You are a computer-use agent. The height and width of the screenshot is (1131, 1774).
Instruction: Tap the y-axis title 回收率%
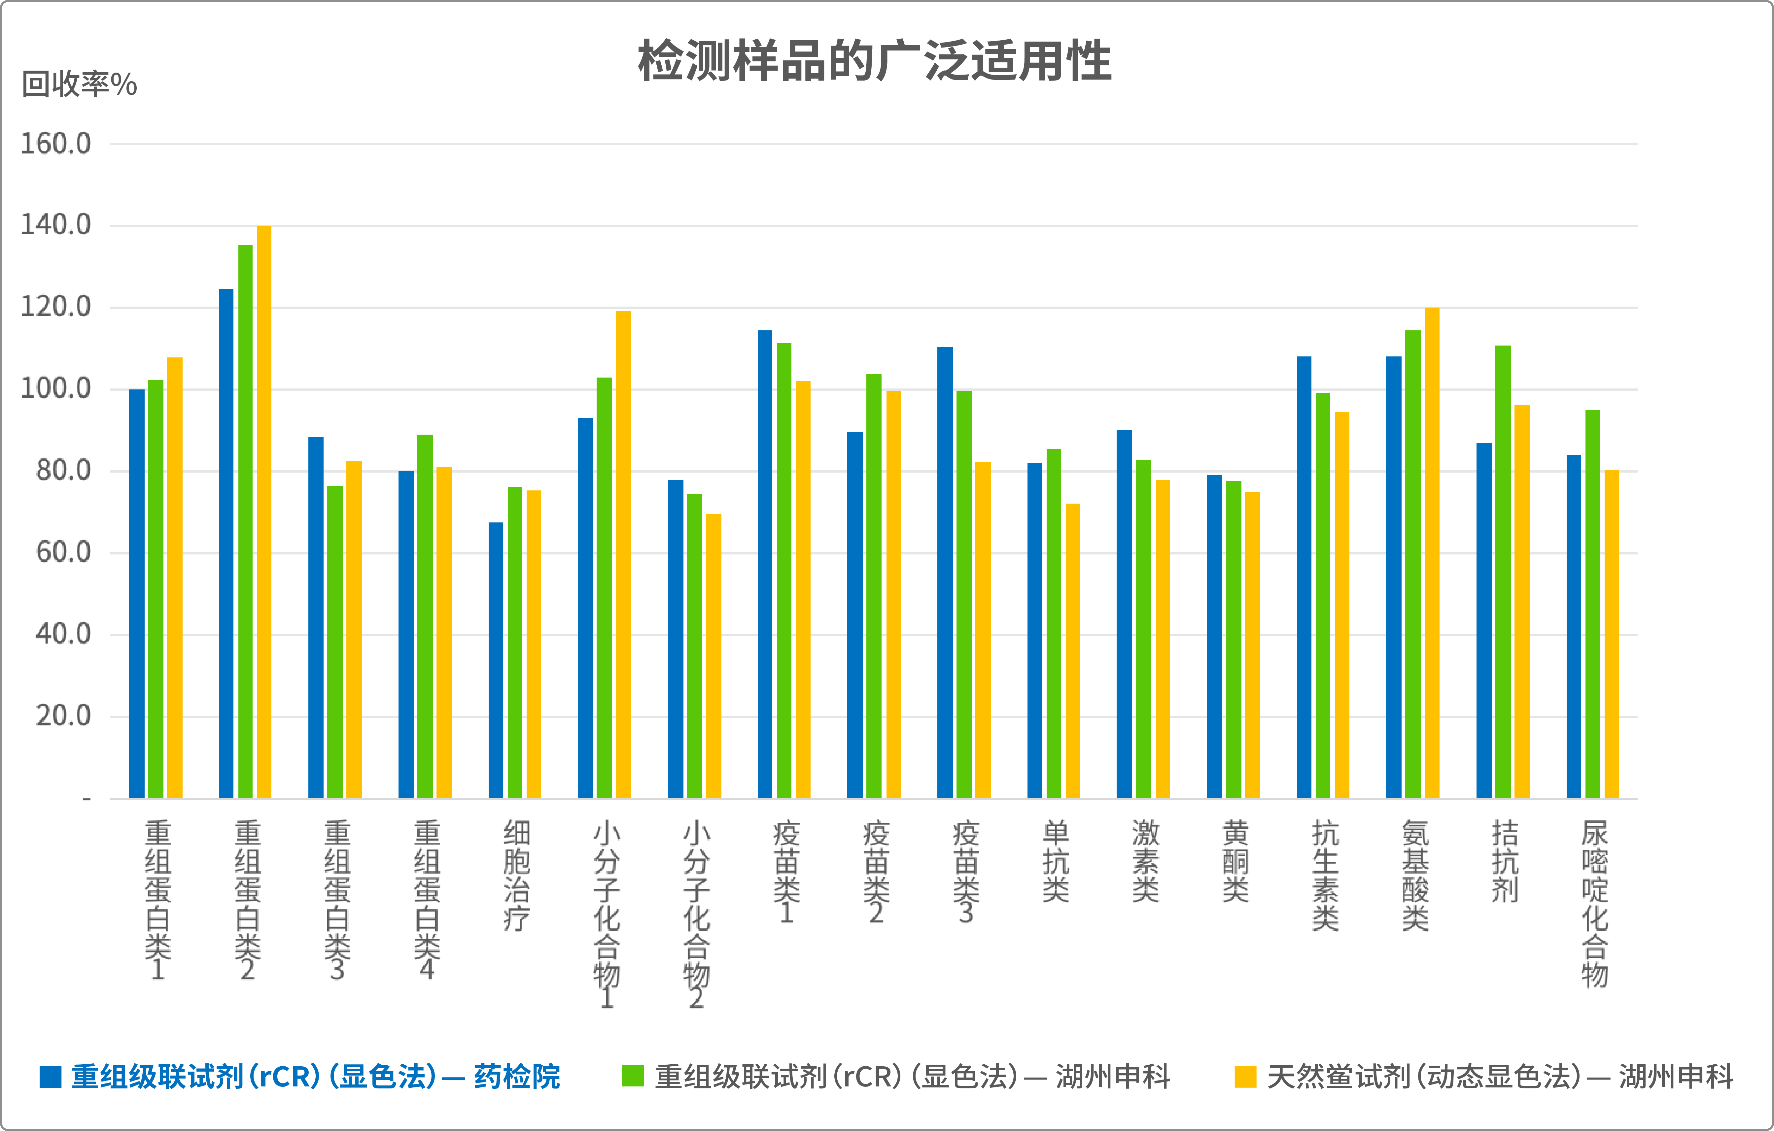click(79, 85)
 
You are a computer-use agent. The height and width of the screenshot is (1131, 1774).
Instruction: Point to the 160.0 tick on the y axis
click(56, 144)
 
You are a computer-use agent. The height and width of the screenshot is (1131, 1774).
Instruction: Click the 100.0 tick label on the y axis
click(56, 388)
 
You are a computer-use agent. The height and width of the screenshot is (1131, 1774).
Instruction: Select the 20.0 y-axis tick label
click(63, 716)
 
